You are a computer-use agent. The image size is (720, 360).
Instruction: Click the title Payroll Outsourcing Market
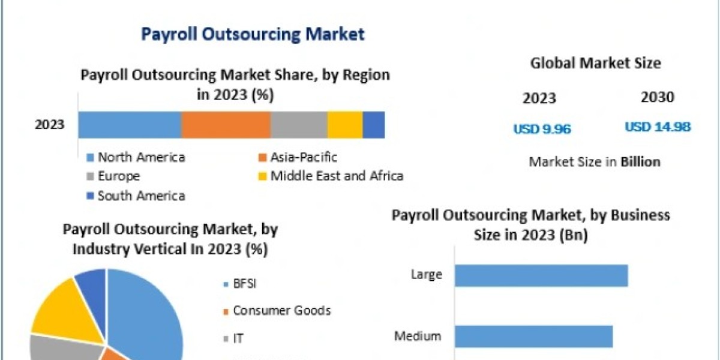[253, 34]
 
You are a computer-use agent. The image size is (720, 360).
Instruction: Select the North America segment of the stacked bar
[130, 125]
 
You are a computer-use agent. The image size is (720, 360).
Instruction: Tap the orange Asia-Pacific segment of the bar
[226, 125]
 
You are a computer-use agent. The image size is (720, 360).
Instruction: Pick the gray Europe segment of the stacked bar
[299, 125]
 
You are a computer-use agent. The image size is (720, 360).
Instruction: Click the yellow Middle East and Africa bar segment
[345, 125]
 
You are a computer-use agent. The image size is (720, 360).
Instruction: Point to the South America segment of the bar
[374, 125]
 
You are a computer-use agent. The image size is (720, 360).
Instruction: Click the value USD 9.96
[542, 128]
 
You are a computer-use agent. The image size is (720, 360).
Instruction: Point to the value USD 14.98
[658, 127]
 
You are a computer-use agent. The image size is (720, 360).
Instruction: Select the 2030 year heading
[658, 97]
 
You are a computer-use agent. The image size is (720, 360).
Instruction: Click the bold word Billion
[640, 162]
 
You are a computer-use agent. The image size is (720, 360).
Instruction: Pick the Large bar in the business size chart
[541, 275]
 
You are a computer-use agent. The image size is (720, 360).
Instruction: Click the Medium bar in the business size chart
[533, 336]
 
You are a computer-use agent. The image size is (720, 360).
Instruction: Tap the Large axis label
[427, 275]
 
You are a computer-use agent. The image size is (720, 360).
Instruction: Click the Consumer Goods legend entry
[281, 311]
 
